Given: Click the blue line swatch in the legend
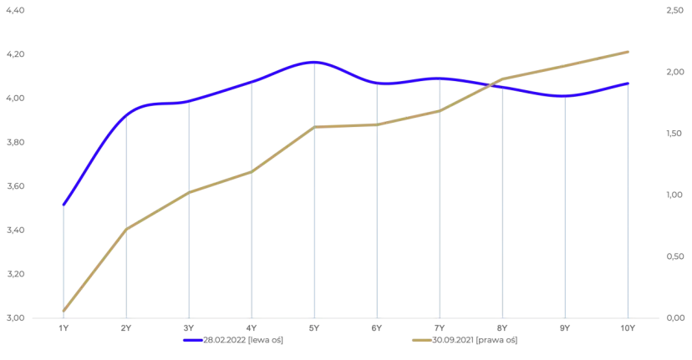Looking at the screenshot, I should pyautogui.click(x=192, y=341).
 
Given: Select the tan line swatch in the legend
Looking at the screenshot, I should pyautogui.click(x=420, y=341).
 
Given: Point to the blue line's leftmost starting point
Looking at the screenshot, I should pyautogui.click(x=64, y=205).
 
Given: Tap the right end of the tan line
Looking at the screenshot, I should pyautogui.click(x=629, y=52).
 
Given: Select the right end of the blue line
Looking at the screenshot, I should pyautogui.click(x=629, y=83).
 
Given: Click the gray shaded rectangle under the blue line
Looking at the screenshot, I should pyautogui.click(x=283, y=200).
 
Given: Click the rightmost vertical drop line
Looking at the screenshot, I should pyautogui.click(x=629, y=200).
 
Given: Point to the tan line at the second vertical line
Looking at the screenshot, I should pyautogui.click(x=125, y=228).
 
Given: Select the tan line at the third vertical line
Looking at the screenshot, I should pyautogui.click(x=189, y=192).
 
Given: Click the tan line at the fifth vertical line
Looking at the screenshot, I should pyautogui.click(x=314, y=127).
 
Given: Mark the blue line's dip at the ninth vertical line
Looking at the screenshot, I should pyautogui.click(x=567, y=96).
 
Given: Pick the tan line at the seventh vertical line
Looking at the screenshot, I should pyautogui.click(x=440, y=110).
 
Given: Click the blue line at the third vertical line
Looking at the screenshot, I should pyautogui.click(x=189, y=102).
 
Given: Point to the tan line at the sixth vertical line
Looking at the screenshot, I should pyautogui.click(x=378, y=124).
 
